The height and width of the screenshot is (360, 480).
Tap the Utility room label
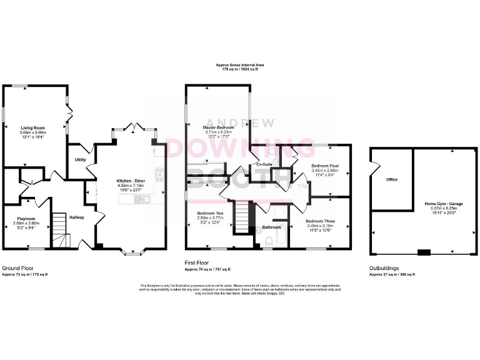(80, 160)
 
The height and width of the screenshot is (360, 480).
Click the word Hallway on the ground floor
(77, 217)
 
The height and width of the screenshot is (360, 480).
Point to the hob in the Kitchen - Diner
(159, 174)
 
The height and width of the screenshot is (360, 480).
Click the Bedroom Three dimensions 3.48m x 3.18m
(319, 226)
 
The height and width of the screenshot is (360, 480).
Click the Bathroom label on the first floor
(271, 227)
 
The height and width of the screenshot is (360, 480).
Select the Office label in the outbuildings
(392, 179)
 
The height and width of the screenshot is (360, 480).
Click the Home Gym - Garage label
(444, 204)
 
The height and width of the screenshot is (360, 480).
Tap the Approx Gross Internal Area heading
(240, 64)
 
